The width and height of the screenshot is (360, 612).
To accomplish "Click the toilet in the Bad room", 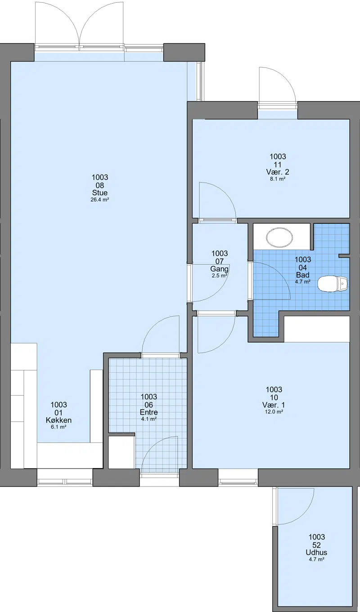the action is pos(332,284).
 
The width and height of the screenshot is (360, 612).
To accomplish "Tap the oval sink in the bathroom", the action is pos(279,237).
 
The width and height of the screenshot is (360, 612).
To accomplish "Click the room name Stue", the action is pos(100,192).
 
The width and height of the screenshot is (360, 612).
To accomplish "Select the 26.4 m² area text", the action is pos(100,200).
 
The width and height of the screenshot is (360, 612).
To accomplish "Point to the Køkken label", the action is pos(59,420).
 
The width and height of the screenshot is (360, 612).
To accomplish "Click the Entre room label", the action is pos(148,412).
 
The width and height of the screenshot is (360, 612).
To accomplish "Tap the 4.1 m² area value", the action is pos(148,419).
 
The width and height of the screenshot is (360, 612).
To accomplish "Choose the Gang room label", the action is pos(220,269).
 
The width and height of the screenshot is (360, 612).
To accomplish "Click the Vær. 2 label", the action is pos(278,172).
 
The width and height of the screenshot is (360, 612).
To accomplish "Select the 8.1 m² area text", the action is pos(278,179).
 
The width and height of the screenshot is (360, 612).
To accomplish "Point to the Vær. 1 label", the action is pos(274,405).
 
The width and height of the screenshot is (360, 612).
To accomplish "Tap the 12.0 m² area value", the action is pos(274,412).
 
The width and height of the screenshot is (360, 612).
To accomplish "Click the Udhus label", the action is pos(316,553).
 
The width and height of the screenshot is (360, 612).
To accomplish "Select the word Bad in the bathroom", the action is pos(302,275).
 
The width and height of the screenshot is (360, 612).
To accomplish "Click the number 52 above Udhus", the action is pos(316,545).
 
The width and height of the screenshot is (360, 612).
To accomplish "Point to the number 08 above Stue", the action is pos(100,185).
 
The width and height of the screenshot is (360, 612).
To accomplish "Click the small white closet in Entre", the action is pos(121,452).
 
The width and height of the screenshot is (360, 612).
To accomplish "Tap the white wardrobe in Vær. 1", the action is pos(317,329).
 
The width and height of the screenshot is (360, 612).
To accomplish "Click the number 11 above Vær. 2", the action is pos(278,164).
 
